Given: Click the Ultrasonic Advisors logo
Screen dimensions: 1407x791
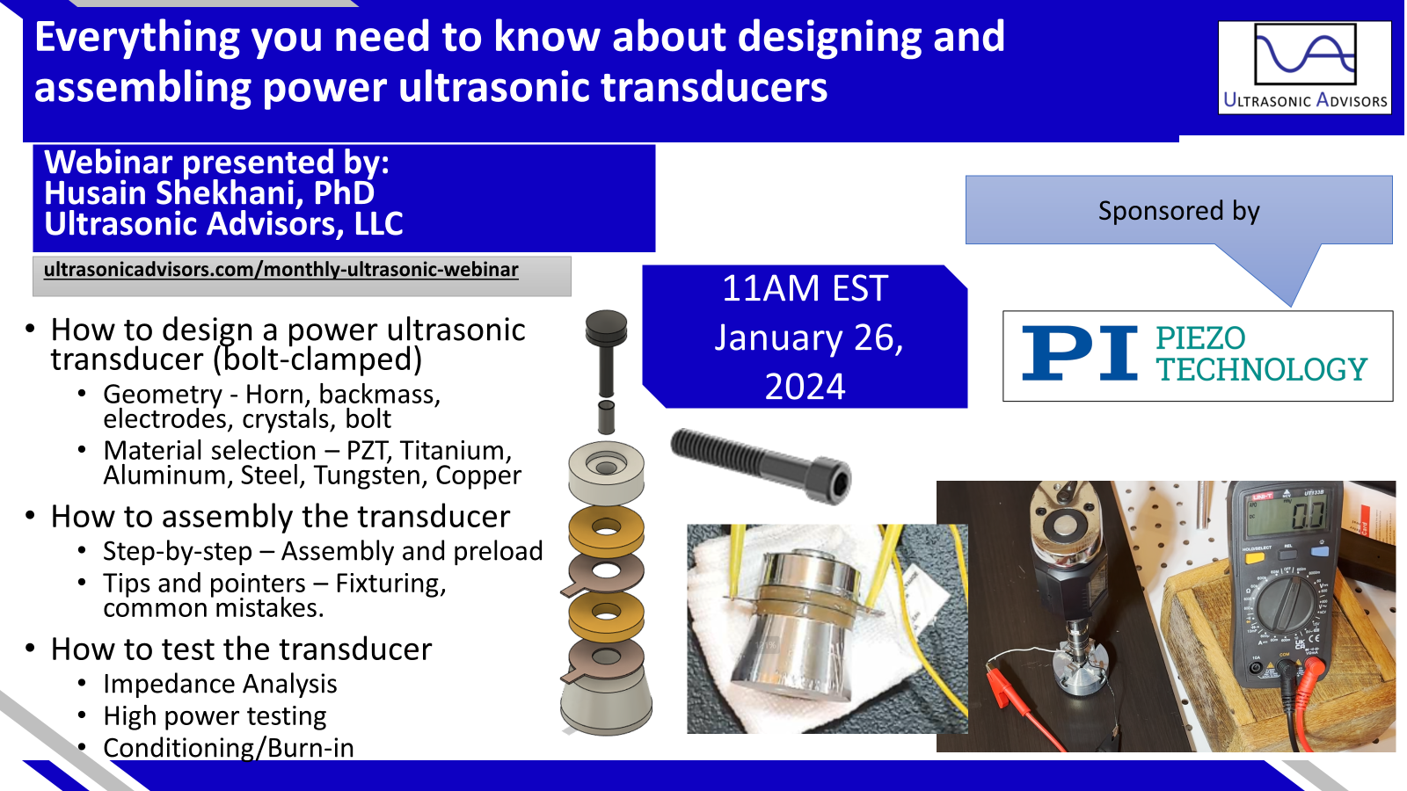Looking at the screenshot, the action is click(1305, 67).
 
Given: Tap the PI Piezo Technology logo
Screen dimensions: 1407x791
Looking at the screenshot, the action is click(1197, 355).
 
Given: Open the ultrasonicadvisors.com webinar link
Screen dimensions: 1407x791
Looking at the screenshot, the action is click(281, 270).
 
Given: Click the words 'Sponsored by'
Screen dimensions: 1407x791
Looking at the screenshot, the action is click(1178, 210).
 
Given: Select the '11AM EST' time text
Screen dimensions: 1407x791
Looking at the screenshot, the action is click(805, 288).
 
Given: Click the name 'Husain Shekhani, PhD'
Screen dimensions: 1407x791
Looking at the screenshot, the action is click(209, 192).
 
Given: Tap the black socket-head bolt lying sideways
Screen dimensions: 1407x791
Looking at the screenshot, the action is click(762, 465).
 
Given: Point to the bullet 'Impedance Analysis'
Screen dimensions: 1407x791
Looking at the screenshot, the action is click(220, 684).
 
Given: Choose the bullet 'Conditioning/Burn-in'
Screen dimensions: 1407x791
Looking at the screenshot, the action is click(229, 748).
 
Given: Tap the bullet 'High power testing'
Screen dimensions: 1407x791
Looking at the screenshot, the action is click(215, 715).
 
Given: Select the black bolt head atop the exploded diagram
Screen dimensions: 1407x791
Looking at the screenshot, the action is click(606, 328).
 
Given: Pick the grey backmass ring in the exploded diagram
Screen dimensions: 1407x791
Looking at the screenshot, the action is click(606, 474).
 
